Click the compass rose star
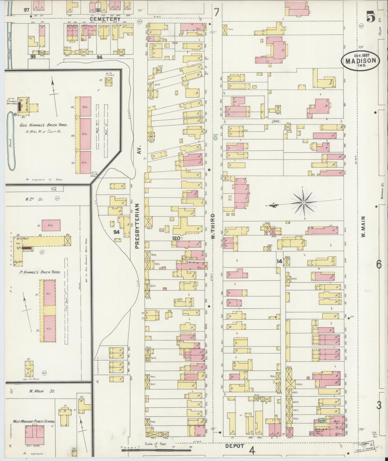(303, 202)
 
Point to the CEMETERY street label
(105, 19)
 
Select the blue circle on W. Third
(215, 138)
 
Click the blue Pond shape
(12, 141)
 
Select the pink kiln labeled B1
(50, 225)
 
